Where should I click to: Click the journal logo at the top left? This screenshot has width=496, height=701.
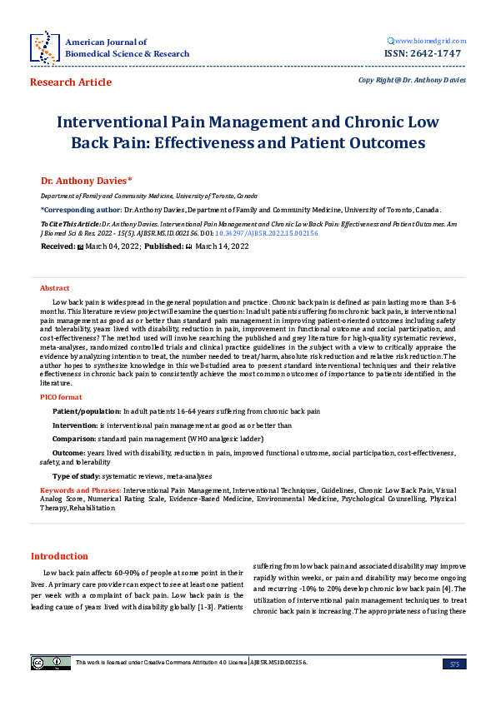pos(43,47)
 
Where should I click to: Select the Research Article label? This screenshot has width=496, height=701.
pos(70,82)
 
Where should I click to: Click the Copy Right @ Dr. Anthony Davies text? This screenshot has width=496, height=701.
pos(412,80)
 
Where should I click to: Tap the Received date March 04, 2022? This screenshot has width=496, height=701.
pos(112,247)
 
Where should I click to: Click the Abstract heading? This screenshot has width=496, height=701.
pos(55,286)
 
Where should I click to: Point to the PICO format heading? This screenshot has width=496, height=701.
pos(61,398)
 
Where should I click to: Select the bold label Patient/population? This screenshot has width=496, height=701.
pos(86,411)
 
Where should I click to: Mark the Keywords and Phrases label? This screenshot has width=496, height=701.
pos(80,491)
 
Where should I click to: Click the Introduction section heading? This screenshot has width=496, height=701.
pos(59,556)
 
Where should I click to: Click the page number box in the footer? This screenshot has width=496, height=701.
pos(454,663)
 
